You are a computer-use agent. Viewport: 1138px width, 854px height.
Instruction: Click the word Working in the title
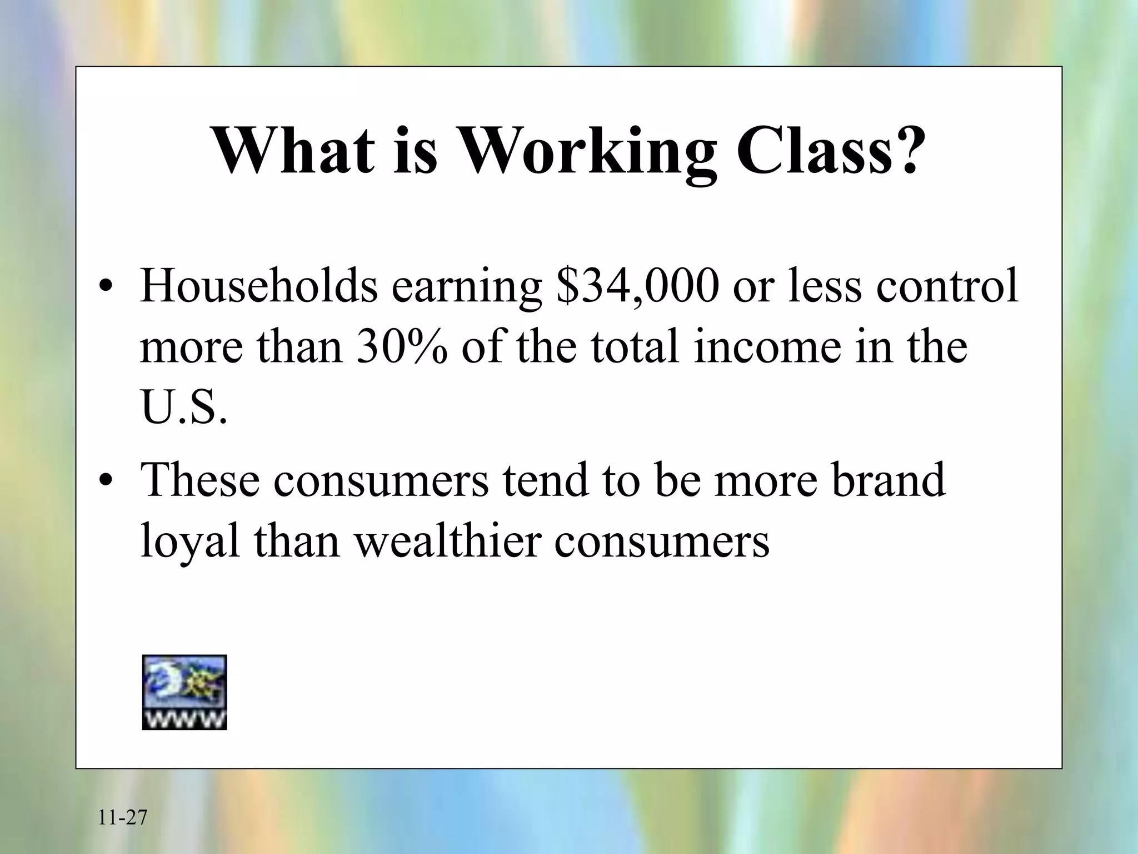(x=588, y=151)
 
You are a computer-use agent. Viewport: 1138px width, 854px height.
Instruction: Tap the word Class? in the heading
(x=828, y=151)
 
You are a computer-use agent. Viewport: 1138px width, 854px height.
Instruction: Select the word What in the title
(x=294, y=151)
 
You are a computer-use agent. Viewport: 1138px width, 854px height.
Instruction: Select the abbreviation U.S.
(x=184, y=407)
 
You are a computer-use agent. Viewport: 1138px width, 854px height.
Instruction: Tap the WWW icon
(x=184, y=692)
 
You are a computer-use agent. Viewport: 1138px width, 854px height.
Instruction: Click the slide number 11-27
(x=123, y=818)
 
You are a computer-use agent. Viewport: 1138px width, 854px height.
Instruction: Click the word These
(x=200, y=480)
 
